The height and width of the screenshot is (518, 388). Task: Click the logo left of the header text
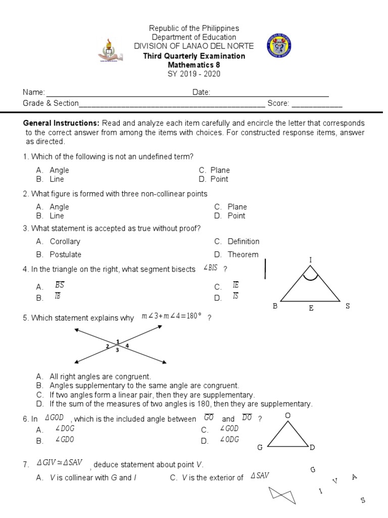(x=111, y=53)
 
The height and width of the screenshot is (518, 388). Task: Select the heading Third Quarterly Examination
(x=193, y=56)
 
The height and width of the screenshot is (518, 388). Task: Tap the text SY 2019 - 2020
(x=193, y=74)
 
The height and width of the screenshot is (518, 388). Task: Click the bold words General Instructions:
(x=61, y=123)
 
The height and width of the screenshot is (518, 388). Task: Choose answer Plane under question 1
(x=220, y=170)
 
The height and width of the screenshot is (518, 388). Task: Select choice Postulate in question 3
(x=65, y=254)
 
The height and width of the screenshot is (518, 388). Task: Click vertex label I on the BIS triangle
(x=311, y=260)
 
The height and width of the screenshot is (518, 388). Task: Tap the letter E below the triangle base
(x=311, y=308)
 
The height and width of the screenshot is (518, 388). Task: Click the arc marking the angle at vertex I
(x=310, y=276)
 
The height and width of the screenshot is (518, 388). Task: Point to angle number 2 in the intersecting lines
(x=107, y=347)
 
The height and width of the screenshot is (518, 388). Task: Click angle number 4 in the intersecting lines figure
(x=127, y=346)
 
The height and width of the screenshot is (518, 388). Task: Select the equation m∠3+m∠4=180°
(x=171, y=316)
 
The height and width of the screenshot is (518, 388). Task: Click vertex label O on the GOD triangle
(x=287, y=415)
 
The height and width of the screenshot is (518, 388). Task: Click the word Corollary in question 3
(x=65, y=241)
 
